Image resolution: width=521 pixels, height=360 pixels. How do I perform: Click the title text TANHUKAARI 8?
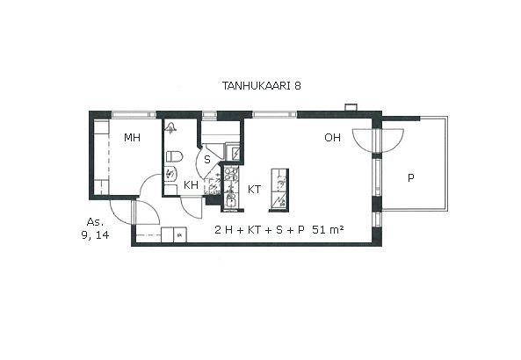click(x=262, y=86)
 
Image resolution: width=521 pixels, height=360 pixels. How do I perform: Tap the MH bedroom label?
click(x=133, y=138)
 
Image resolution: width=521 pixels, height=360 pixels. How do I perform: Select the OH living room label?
click(x=333, y=138)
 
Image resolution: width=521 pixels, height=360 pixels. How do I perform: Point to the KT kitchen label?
click(x=254, y=190)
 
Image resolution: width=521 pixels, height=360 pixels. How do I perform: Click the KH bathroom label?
click(x=191, y=185)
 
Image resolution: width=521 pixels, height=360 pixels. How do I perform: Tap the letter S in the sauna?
click(x=207, y=160)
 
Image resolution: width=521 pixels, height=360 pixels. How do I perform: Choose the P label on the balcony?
click(x=411, y=178)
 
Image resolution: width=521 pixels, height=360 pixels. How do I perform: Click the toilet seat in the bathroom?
click(x=174, y=156)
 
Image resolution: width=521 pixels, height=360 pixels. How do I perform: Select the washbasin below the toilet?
click(x=171, y=173)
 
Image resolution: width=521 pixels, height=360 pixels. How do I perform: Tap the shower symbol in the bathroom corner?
click(x=171, y=127)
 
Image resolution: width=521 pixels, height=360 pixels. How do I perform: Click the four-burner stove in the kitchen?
click(x=231, y=174)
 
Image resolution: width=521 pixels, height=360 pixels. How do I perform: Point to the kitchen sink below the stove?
click(x=230, y=199)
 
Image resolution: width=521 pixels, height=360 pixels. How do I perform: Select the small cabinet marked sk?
click(x=180, y=235)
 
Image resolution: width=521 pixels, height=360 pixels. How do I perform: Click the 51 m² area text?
click(x=328, y=229)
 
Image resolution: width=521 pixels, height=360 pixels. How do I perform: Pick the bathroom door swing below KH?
click(x=191, y=207)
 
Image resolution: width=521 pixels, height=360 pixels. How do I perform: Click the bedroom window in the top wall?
click(x=134, y=114)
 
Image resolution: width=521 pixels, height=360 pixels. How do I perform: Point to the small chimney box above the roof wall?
click(x=351, y=107)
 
